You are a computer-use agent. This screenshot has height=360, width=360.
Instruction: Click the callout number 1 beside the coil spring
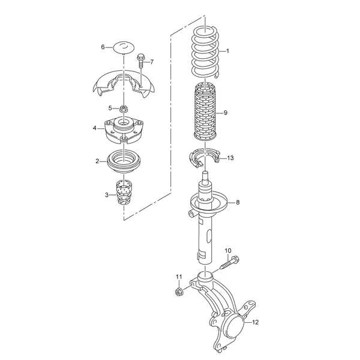pos(227,51)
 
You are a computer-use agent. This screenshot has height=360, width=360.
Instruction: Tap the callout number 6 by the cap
pos(103,47)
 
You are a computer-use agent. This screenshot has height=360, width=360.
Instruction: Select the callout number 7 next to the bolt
pos(152,62)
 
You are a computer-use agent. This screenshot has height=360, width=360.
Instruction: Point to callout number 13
pos(230,158)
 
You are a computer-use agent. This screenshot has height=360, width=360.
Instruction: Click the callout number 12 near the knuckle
pos(256,322)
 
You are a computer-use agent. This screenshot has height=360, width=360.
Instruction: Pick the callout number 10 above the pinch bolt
pos(228,250)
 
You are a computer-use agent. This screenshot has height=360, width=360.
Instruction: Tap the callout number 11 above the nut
pos(179,277)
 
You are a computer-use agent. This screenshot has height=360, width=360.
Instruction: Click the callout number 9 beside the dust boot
pos(225,113)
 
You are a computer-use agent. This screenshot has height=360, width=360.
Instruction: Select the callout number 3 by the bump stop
pos(107,195)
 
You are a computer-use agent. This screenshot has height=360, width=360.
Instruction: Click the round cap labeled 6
pos(124,48)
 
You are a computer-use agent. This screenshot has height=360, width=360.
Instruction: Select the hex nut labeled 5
pos(124,108)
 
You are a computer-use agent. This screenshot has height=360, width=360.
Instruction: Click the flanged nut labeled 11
pos(178,292)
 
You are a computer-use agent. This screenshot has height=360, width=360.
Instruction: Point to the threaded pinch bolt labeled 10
pos(230,263)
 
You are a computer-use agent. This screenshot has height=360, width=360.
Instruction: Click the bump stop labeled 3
pos(124,193)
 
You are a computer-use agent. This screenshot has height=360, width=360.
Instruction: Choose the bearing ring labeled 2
pos(124,162)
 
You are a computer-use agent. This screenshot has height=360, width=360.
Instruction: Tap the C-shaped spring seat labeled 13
pos(204,157)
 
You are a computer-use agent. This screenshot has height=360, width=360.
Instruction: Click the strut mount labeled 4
pos(124,130)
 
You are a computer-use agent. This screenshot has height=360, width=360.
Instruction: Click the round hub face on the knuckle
pos(235,326)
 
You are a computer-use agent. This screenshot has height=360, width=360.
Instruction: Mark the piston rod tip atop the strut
pos(205,173)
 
